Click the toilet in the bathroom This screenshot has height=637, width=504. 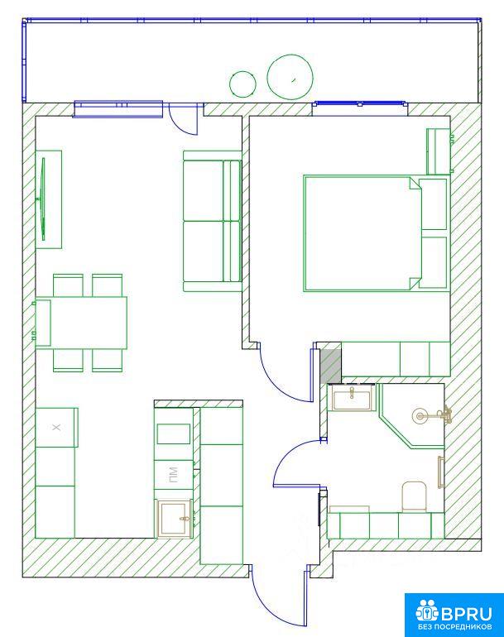coord(414,496)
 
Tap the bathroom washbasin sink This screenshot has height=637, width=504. coord(352,398)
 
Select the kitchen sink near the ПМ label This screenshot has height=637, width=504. coord(175,519)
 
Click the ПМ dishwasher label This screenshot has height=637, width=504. coord(173,475)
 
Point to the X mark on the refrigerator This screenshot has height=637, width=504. coord(56,427)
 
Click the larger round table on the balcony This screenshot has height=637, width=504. coord(290,77)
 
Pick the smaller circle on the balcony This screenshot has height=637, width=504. coord(242,84)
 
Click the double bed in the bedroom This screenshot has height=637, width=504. coord(362,233)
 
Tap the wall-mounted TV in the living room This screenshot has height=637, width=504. coord(42,199)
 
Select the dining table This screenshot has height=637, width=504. coord(81,323)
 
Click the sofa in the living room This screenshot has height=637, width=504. coord(212,222)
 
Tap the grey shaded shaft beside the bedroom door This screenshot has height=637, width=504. coord(330,366)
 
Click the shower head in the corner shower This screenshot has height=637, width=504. coord(420,415)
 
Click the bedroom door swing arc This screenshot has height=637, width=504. coord(281,382)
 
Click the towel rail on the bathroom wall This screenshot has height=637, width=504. coord(440,472)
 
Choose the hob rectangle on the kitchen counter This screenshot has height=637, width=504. coord(174,433)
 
